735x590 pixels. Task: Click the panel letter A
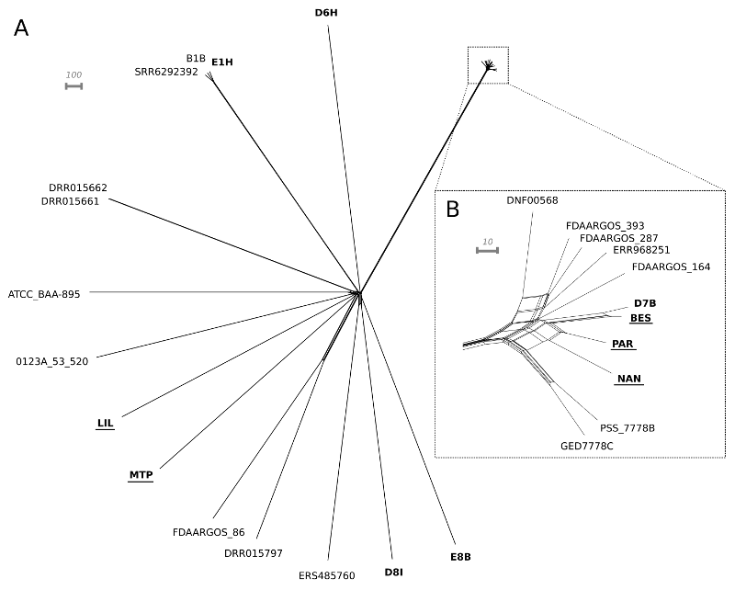click(21, 28)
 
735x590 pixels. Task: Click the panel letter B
click(452, 209)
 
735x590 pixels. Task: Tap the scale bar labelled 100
click(73, 86)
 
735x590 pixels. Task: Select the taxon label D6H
click(327, 13)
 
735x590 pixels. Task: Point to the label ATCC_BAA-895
click(44, 295)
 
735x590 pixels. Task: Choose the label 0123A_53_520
click(52, 362)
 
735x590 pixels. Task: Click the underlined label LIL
click(105, 424)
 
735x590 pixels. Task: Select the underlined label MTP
click(141, 475)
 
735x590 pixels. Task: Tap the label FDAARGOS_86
click(209, 532)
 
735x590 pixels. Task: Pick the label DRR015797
click(254, 553)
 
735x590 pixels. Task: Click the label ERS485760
click(326, 576)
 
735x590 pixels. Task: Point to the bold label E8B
click(460, 557)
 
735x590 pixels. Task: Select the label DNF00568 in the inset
click(532, 200)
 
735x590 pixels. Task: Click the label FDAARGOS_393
click(605, 225)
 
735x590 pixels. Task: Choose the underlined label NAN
click(629, 379)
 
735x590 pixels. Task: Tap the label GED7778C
click(586, 446)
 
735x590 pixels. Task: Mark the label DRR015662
click(78, 187)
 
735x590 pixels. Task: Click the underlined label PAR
click(622, 344)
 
